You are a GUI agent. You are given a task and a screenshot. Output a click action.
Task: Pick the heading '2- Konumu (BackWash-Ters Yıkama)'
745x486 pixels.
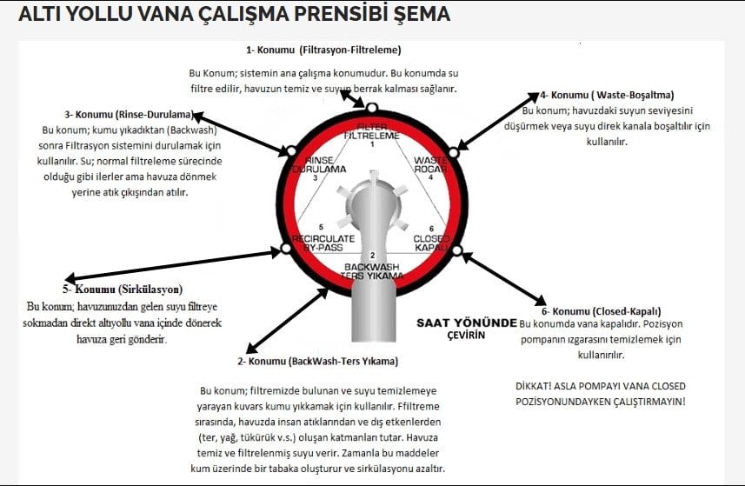[x=316, y=361]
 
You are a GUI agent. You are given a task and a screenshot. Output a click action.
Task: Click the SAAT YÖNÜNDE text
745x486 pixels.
[x=466, y=321]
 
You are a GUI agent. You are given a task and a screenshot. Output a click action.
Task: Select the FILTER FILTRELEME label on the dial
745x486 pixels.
[x=371, y=132]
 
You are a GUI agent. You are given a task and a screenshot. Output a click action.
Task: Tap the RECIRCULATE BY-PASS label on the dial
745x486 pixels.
[x=323, y=242]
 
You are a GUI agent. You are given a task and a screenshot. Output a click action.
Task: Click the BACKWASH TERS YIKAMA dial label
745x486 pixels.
[x=372, y=270]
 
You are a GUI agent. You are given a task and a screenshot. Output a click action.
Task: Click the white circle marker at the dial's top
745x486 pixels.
[x=371, y=108]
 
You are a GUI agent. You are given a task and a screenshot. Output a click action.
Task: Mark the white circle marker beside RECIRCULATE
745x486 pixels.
[x=284, y=249]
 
